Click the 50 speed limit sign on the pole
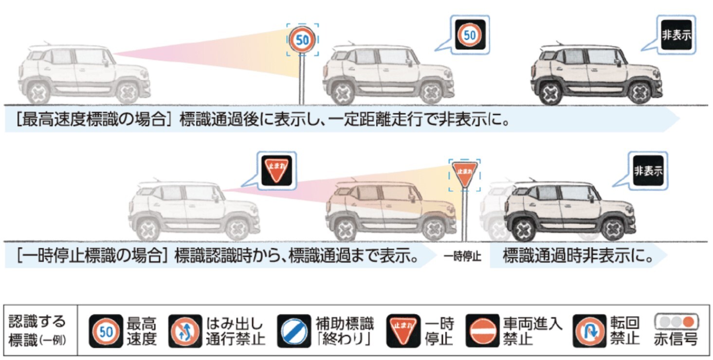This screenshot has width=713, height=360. click(x=302, y=40)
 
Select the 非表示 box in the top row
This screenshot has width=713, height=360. click(x=676, y=35)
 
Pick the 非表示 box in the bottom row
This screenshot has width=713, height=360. click(x=648, y=171)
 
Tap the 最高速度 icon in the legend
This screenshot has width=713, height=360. click(x=106, y=331)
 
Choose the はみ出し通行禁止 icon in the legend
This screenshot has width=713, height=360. click(x=184, y=331)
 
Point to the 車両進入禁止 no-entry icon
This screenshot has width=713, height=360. click(x=482, y=331)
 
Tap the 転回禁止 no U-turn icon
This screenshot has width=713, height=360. click(x=589, y=331)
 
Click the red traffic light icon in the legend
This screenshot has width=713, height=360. click(x=676, y=322)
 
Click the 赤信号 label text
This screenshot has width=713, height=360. click(x=676, y=339)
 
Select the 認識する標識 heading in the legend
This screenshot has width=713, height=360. click(x=37, y=331)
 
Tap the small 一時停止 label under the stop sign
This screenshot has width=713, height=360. click(x=462, y=257)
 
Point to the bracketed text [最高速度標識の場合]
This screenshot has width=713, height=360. click(x=93, y=120)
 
